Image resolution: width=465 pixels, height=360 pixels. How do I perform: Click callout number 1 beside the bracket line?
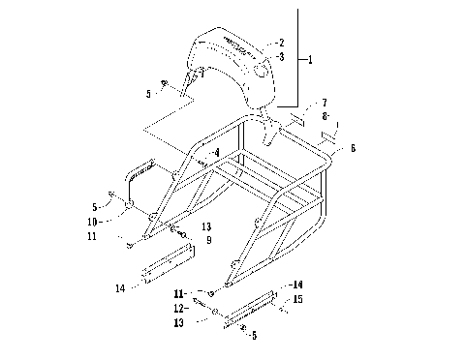point(310,60)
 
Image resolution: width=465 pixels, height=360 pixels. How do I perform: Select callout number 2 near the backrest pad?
point(281,44)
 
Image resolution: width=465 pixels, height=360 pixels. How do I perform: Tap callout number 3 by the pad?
point(281,58)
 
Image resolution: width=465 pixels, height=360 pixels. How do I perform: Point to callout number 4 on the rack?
point(216,153)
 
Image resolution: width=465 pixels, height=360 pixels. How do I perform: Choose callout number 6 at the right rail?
point(353,148)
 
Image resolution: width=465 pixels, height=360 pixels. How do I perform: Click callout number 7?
point(324,102)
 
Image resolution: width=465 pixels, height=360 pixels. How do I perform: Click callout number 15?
point(298,300)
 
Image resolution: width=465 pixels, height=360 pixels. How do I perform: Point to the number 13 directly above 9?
point(206,226)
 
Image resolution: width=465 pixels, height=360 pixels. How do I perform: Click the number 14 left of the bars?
point(119,287)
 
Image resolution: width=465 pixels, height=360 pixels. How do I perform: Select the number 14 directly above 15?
point(298,285)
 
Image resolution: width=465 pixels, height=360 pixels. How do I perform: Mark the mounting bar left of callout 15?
point(254,308)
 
